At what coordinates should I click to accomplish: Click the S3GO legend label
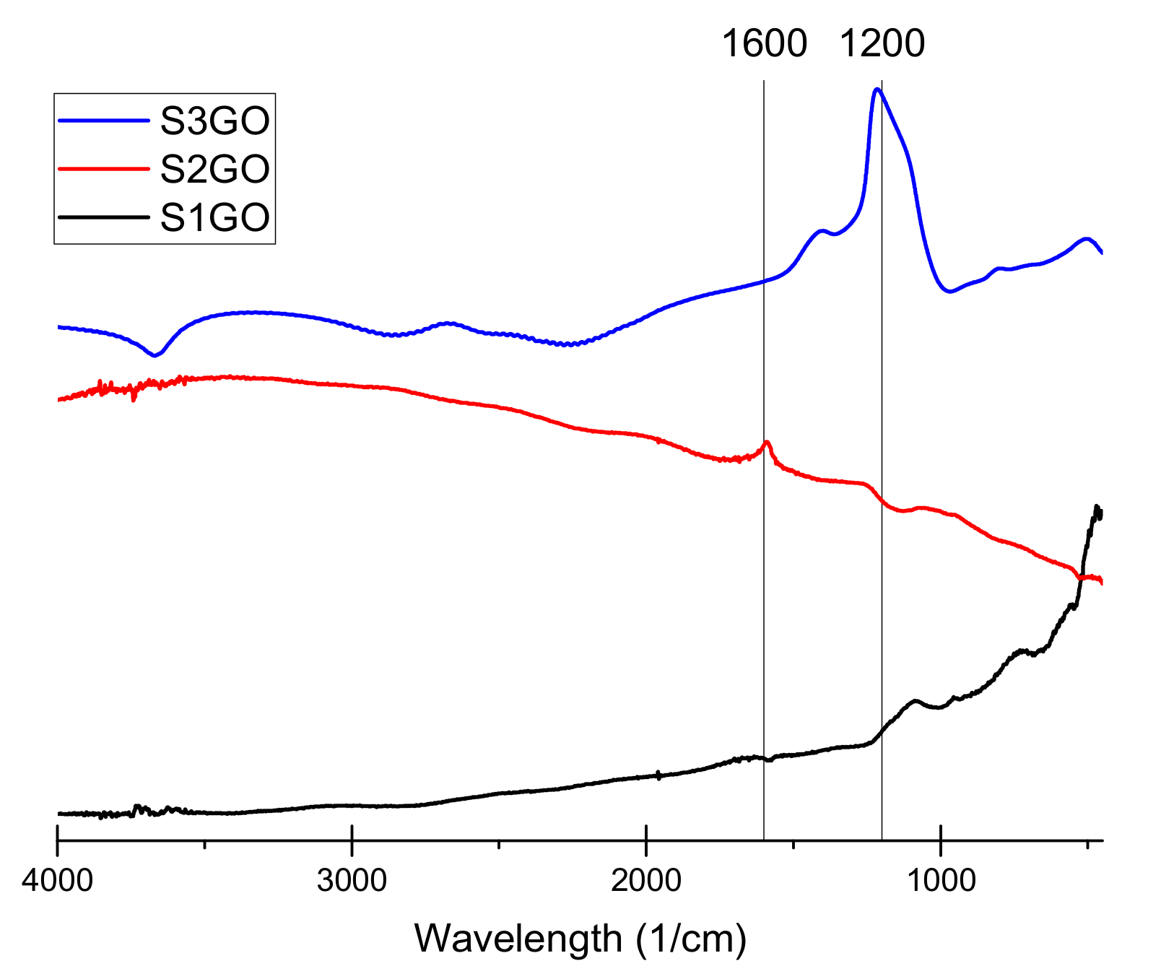point(214,121)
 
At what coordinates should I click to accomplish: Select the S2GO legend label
point(214,169)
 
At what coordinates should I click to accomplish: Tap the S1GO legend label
point(214,217)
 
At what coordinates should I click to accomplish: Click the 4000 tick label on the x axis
point(57,881)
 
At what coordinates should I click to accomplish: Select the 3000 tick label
point(352,881)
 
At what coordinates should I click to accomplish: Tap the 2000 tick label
point(646,881)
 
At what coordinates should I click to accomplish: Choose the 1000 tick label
point(941,881)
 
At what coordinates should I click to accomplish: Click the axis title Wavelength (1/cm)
point(580,939)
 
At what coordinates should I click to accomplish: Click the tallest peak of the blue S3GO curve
point(877,90)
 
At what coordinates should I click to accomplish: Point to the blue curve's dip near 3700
point(155,355)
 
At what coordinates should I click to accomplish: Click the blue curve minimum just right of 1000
point(949,292)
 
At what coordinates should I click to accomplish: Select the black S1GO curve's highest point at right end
point(1097,507)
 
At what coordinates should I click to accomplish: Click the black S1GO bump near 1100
point(915,700)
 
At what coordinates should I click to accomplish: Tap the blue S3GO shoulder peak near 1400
point(821,231)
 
